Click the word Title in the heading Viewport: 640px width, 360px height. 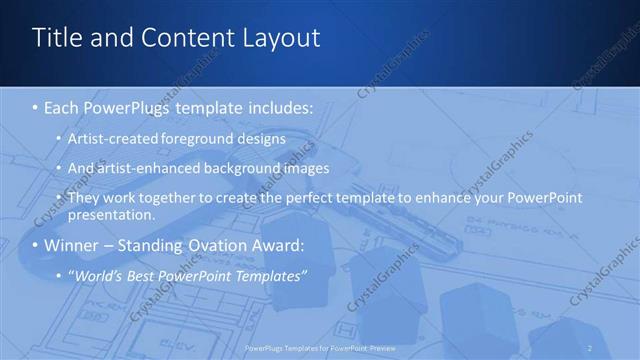pyautogui.click(x=55, y=39)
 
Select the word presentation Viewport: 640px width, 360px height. pyautogui.click(x=111, y=214)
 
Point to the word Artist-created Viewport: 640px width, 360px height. pyautogui.click(x=110, y=137)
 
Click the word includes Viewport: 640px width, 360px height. pyautogui.click(x=274, y=104)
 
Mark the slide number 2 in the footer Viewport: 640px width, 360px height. pyautogui.click(x=591, y=346)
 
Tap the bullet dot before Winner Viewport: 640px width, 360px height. pyautogui.click(x=35, y=246)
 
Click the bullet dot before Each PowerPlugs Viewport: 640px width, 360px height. pyautogui.click(x=35, y=104)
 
